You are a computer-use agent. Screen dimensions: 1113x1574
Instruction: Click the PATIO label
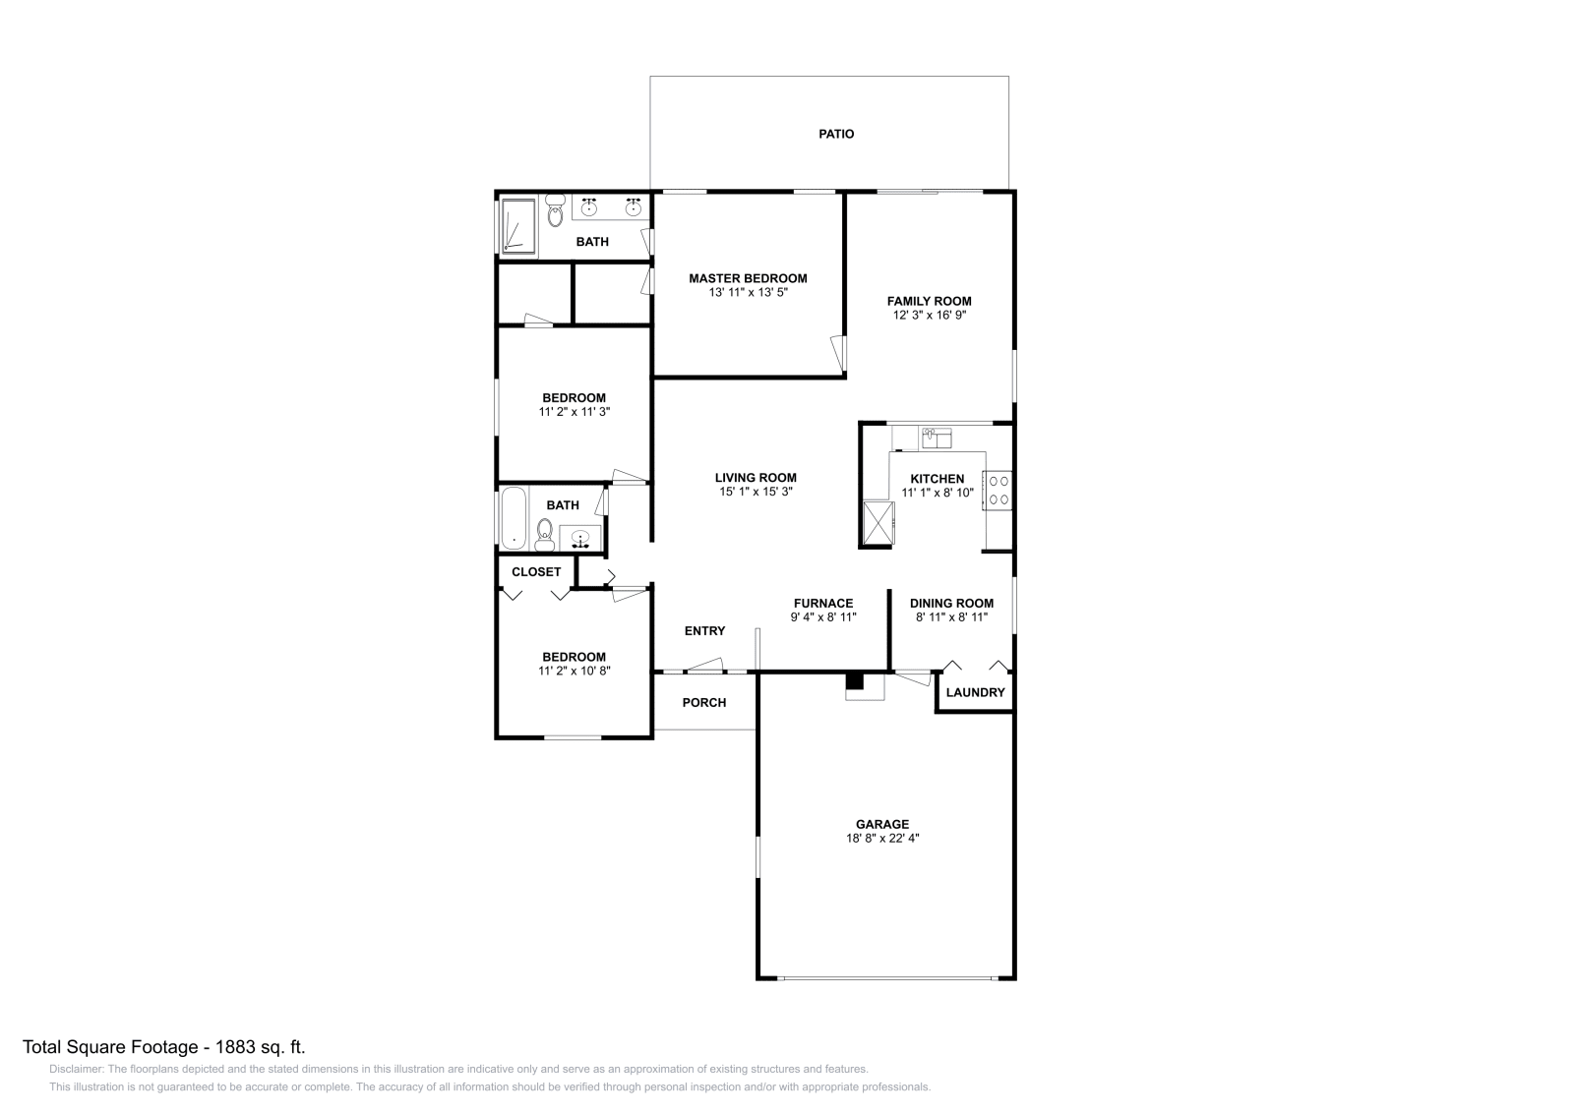pos(836,134)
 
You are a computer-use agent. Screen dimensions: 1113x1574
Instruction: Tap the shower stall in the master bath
pos(518,226)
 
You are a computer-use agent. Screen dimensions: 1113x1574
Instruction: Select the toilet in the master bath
pos(555,209)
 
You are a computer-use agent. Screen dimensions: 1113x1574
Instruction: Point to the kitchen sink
pos(936,437)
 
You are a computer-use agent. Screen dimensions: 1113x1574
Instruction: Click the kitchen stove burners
pos(999,491)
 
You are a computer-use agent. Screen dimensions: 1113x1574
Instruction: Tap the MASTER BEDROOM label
pos(748,278)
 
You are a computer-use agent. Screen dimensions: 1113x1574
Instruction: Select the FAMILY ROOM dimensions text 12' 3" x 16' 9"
pos(929,316)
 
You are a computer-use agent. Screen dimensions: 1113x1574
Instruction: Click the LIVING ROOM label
pos(756,478)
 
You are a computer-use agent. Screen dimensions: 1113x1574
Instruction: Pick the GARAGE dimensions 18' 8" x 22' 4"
pos(881,839)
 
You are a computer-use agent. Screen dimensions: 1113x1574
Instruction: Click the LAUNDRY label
pos(975,692)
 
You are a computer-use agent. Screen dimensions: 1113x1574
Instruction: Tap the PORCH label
pos(704,702)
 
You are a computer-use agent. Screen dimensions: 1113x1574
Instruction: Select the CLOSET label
pos(536,571)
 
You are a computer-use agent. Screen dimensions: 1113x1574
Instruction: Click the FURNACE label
pos(823,603)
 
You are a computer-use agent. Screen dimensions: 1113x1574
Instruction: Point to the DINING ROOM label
pos(951,603)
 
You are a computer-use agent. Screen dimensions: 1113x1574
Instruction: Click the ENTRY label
pos(704,630)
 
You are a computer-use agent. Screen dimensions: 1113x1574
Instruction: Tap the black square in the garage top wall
pos(855,680)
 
